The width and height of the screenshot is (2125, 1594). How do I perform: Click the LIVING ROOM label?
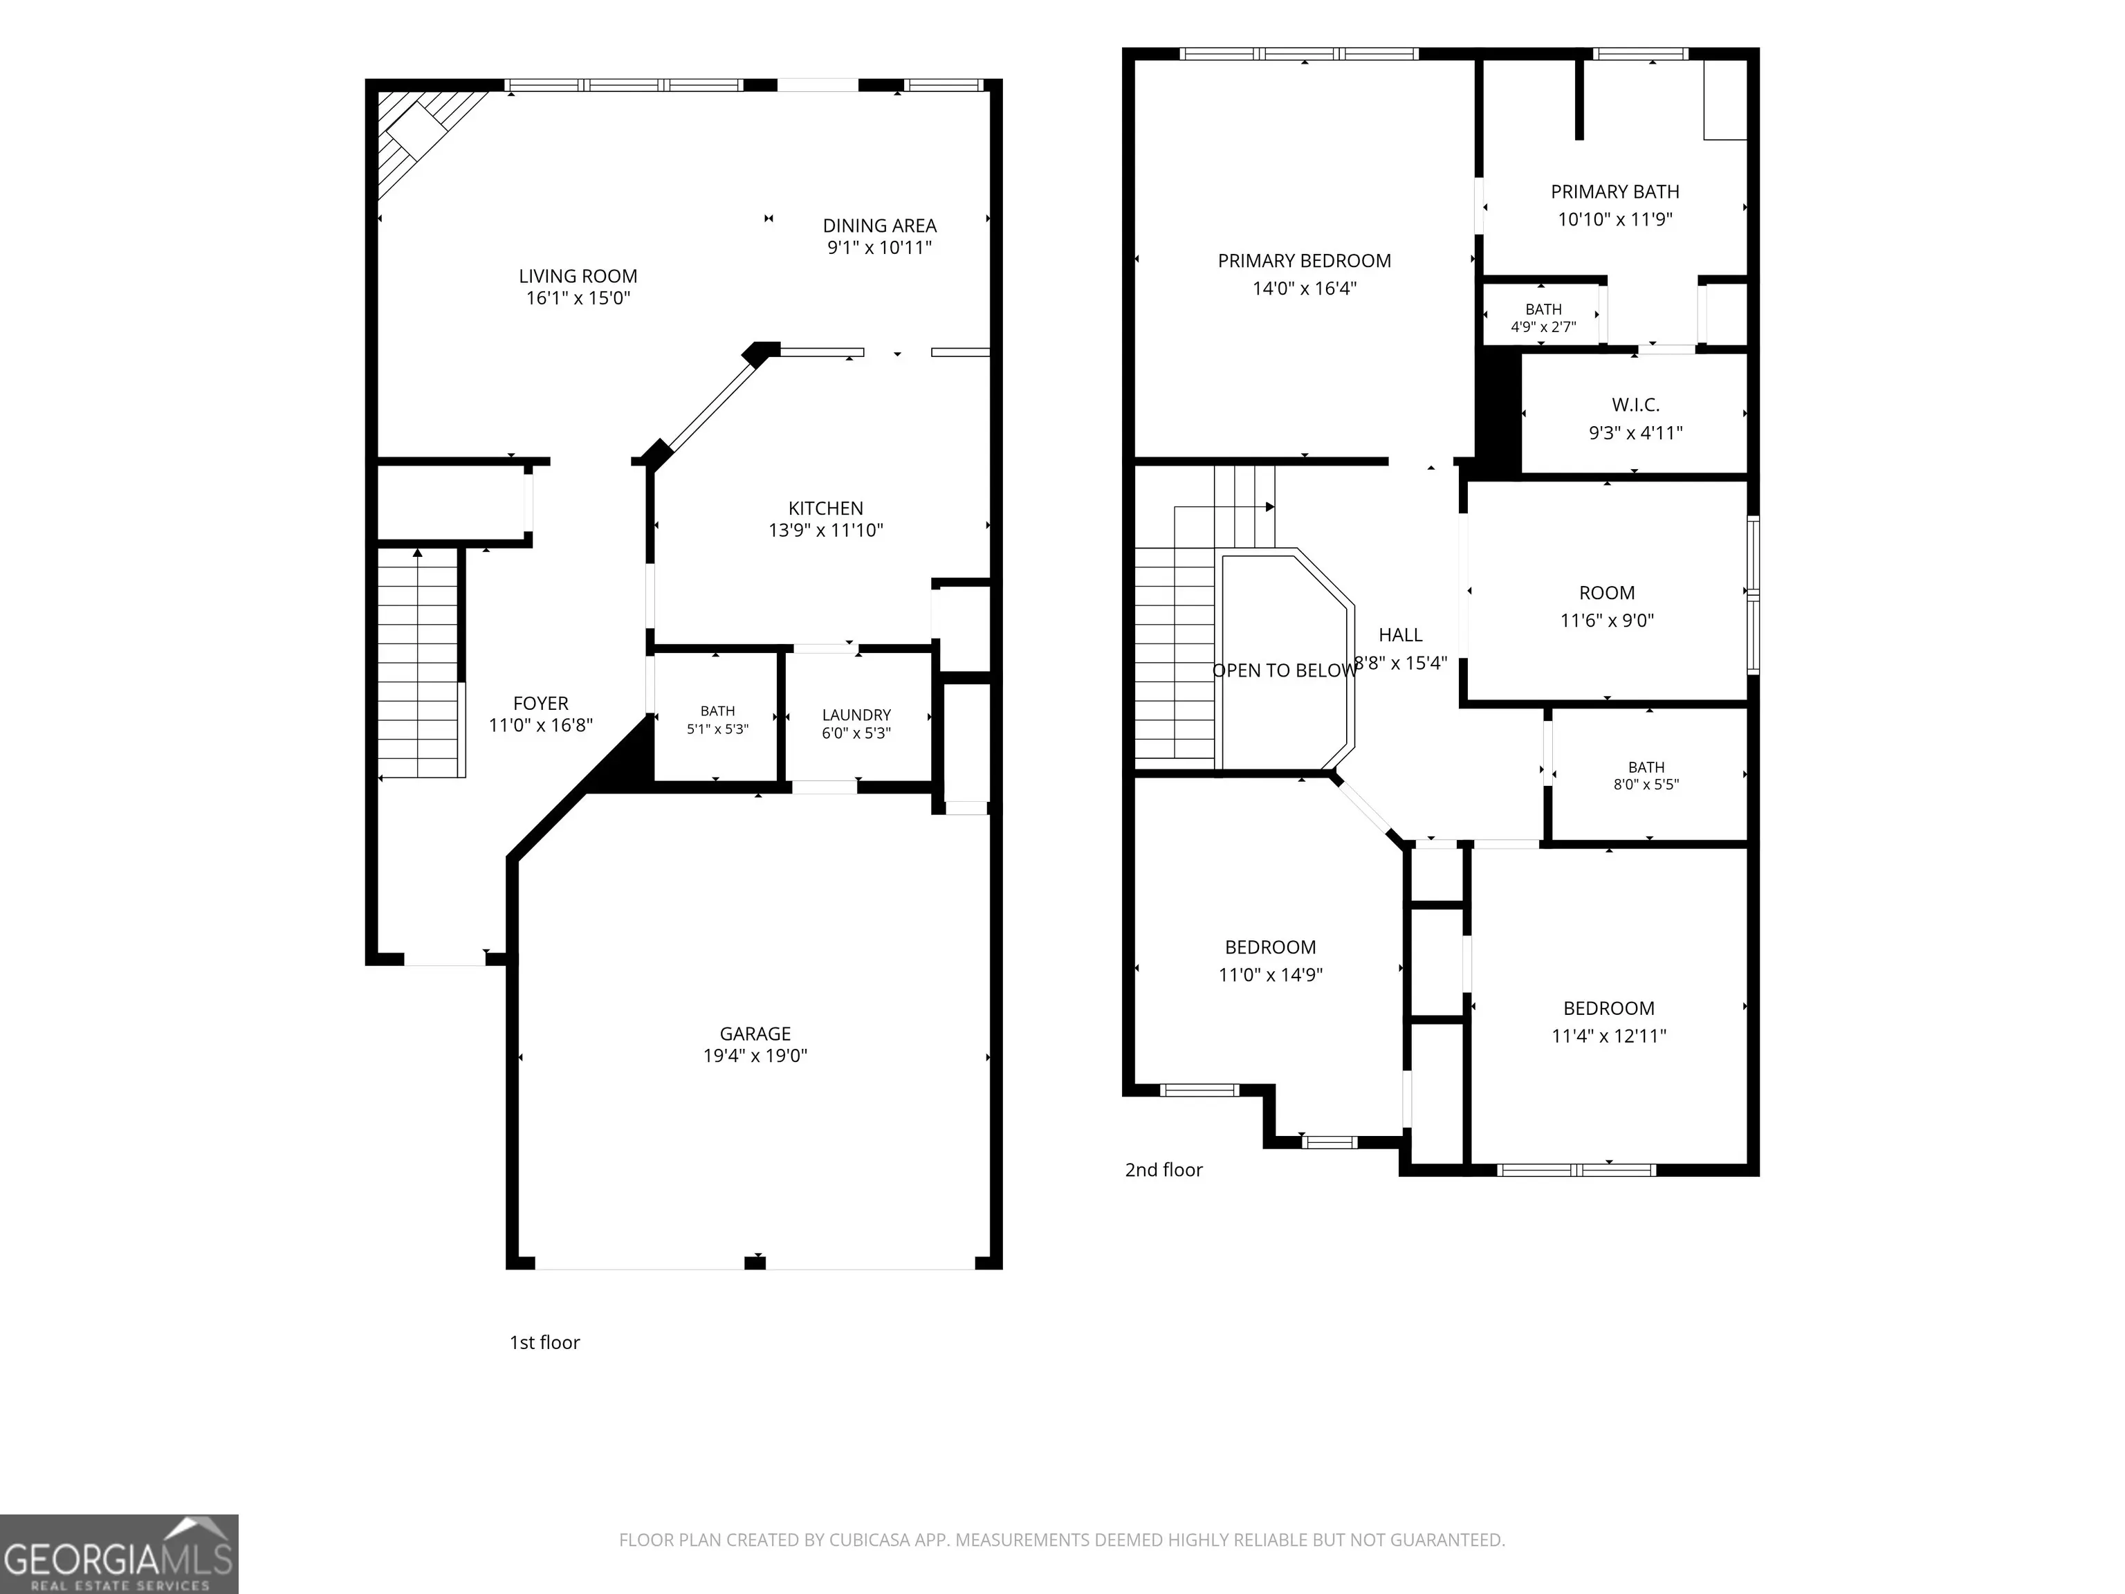(x=578, y=277)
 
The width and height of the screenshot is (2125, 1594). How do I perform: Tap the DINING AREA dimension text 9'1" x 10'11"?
(x=879, y=248)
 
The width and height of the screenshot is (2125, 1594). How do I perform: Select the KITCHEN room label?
(x=825, y=509)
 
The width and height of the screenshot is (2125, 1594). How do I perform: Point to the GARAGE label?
(x=755, y=1034)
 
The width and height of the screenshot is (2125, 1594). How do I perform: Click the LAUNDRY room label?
(x=856, y=715)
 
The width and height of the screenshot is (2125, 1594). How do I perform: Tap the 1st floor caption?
(x=544, y=1342)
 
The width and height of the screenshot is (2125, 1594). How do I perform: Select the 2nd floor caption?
(x=1163, y=1169)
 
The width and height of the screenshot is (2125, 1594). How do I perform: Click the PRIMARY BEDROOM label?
(x=1304, y=260)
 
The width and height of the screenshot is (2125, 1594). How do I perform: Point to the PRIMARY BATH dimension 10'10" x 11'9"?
(x=1615, y=219)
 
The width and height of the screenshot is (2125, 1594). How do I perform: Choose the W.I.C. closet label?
(x=1635, y=405)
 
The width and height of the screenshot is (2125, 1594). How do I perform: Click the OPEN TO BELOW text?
(x=1285, y=670)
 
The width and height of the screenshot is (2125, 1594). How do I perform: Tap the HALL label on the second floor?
(x=1399, y=635)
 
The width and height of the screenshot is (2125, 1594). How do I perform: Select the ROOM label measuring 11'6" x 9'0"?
(x=1606, y=593)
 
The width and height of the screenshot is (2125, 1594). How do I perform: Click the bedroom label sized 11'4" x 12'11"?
(x=1608, y=1008)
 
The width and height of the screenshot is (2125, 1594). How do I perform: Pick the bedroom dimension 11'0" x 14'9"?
(x=1270, y=974)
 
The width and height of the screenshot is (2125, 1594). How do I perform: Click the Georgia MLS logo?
(x=119, y=1554)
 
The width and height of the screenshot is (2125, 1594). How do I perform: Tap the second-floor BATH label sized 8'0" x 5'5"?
(x=1646, y=767)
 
